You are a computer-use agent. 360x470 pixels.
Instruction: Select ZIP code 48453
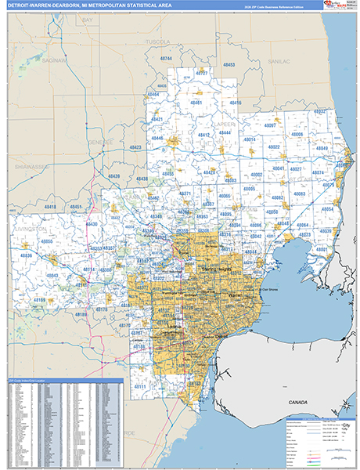point(229,65)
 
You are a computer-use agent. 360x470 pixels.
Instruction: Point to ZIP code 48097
point(270,125)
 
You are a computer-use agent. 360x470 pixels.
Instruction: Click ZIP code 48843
point(53,276)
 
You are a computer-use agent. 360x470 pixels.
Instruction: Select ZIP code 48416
point(235,103)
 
